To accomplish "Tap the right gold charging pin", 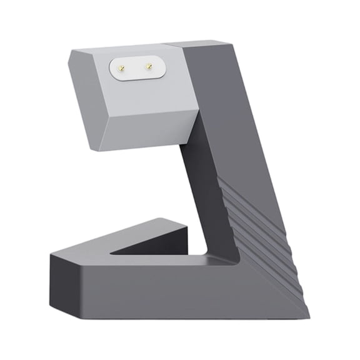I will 149,65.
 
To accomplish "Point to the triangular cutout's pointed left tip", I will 112,254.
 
